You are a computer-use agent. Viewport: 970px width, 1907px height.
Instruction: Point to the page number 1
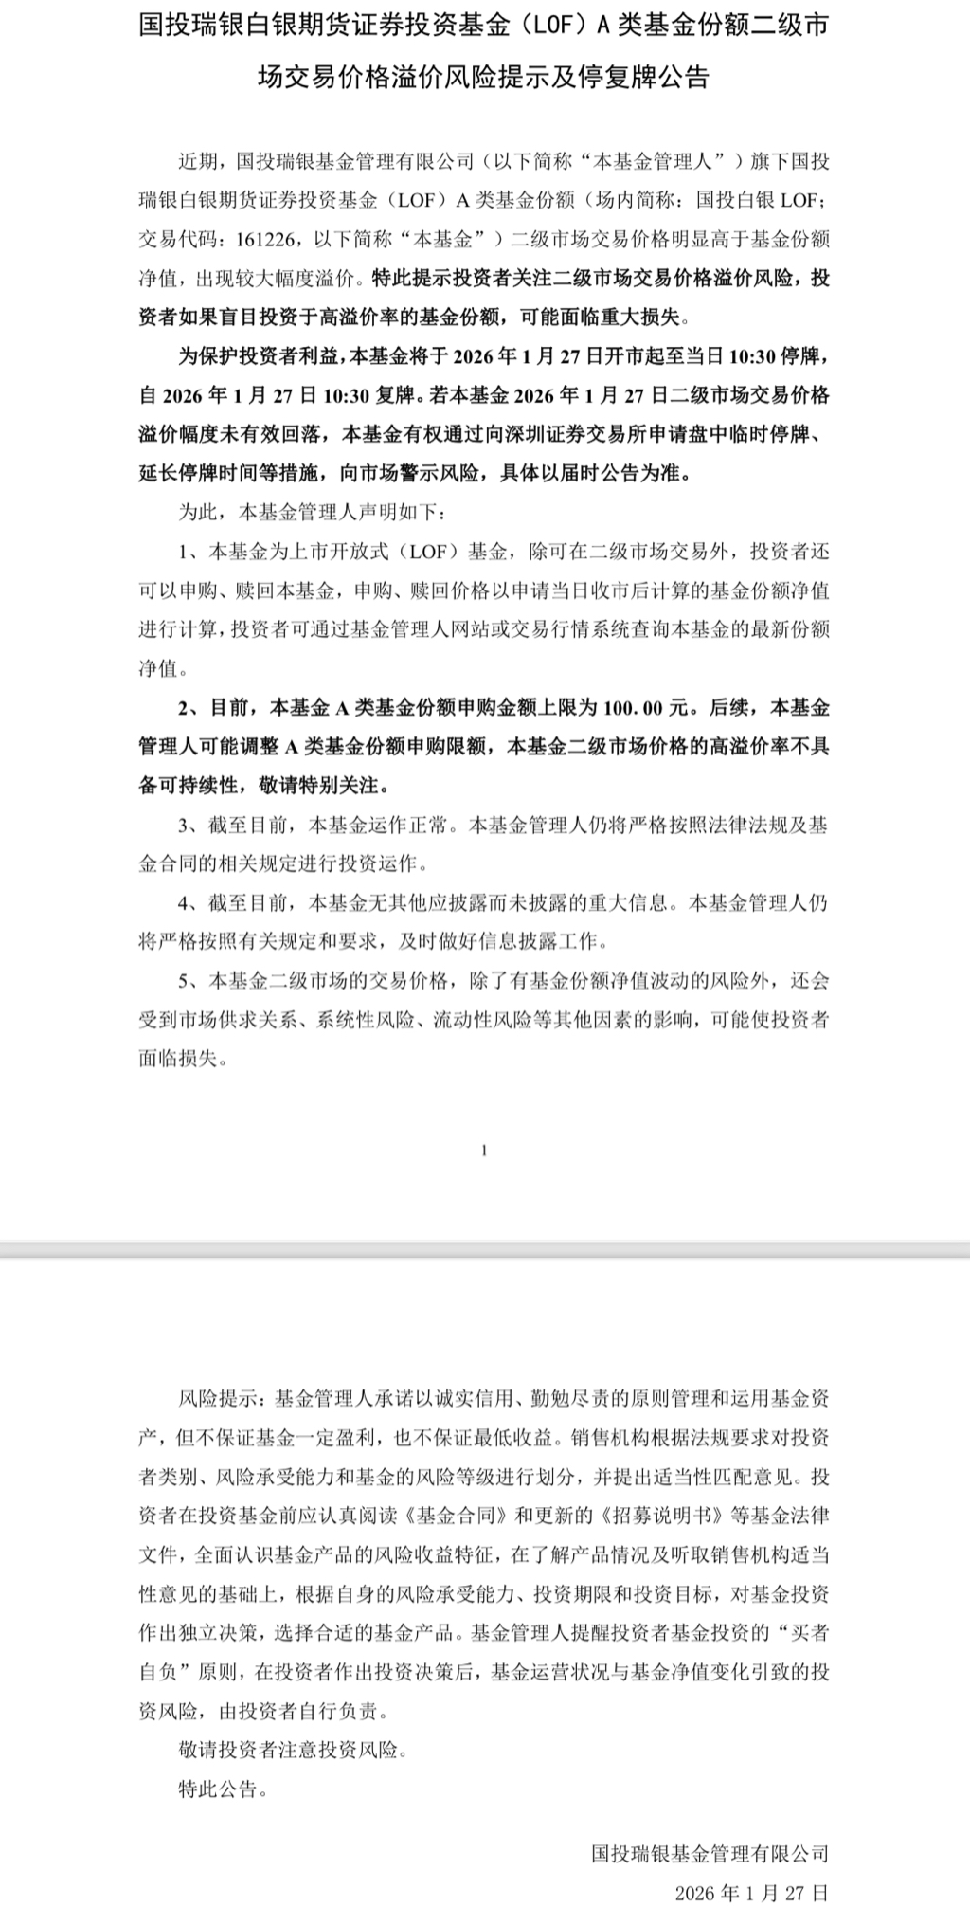tap(484, 1151)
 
